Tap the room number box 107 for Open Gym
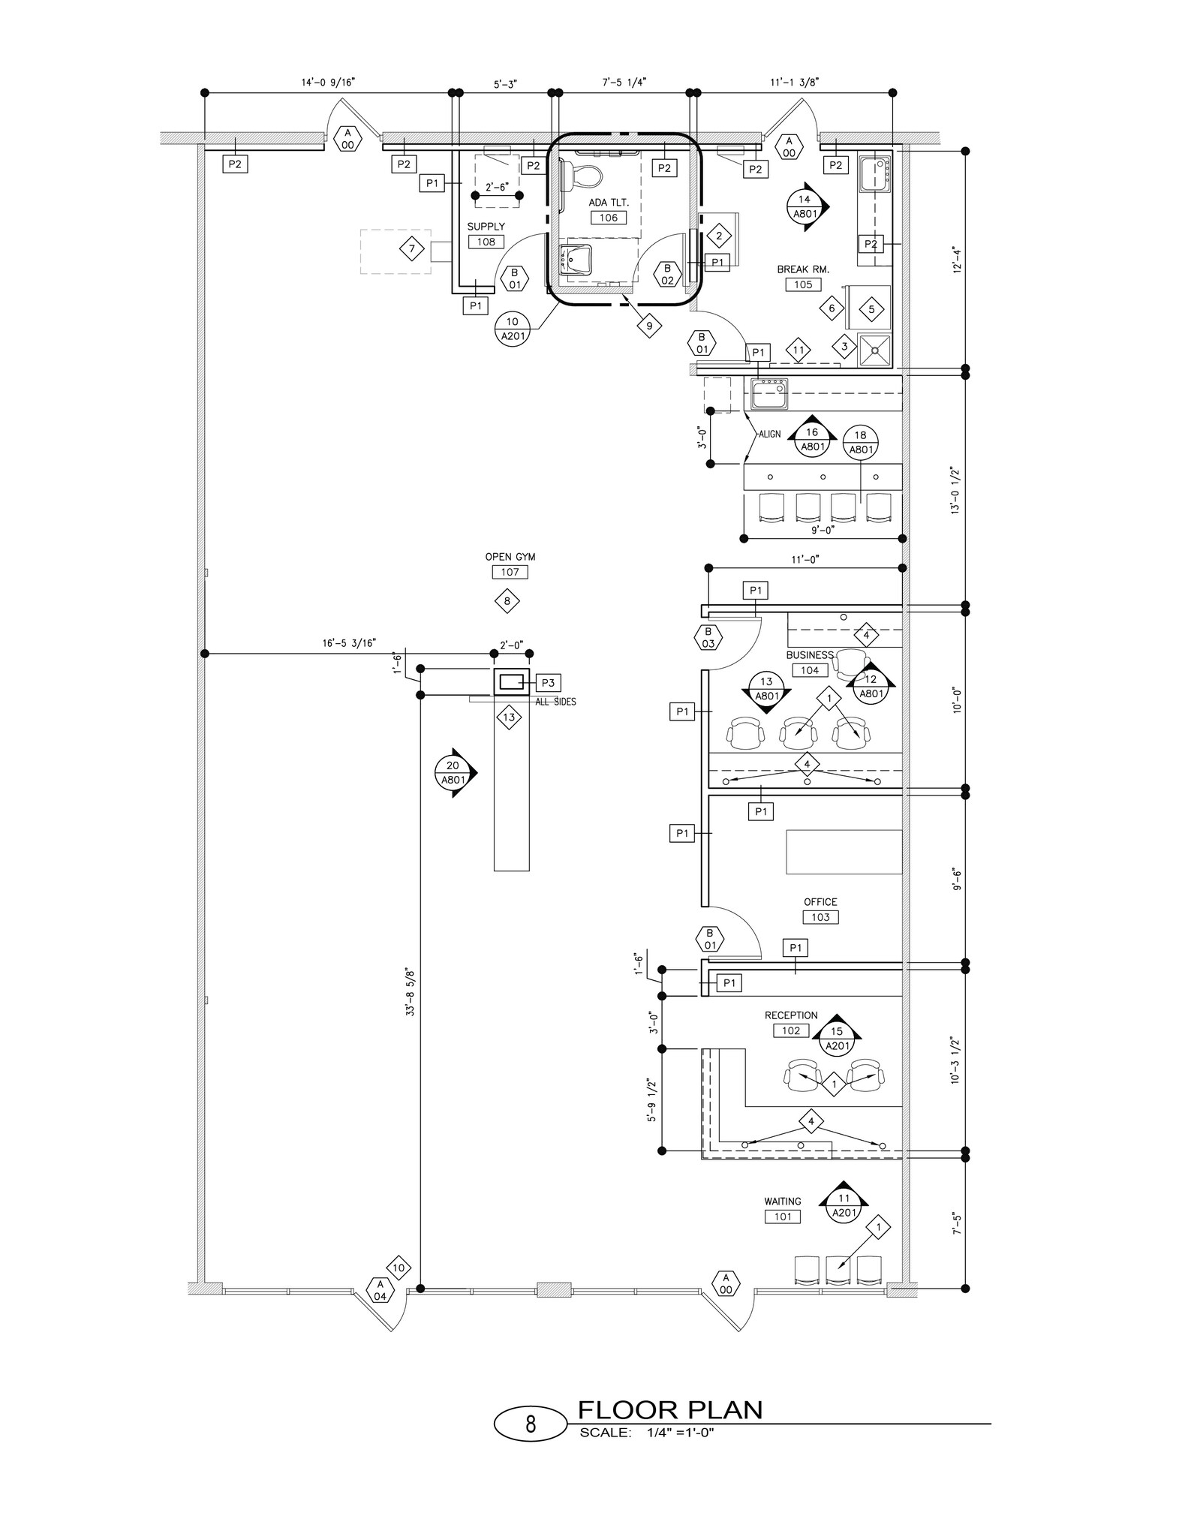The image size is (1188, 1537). coord(510,572)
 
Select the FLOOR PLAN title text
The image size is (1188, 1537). coord(669,1409)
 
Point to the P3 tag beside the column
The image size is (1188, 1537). coord(549,683)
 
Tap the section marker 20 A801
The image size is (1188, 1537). coord(453,773)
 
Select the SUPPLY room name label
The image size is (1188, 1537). coord(486,227)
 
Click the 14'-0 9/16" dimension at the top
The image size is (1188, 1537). coord(328,82)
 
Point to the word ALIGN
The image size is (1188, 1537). coord(769,435)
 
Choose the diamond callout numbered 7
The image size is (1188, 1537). coord(411,248)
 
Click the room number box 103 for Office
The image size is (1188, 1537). coord(820,917)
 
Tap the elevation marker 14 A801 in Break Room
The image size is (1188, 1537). coord(805,206)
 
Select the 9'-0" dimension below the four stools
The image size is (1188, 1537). coord(823,529)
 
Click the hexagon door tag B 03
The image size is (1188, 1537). coord(708,637)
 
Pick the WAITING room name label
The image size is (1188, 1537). coord(783,1202)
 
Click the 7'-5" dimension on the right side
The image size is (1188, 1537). coord(956,1223)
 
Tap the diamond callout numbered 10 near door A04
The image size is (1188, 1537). coord(399,1268)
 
